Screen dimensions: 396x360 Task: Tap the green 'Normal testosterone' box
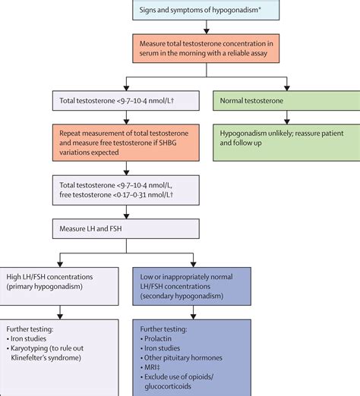[x=286, y=100]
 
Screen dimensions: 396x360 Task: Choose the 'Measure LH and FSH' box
[x=125, y=227]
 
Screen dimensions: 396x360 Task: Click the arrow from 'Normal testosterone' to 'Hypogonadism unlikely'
[x=286, y=117]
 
